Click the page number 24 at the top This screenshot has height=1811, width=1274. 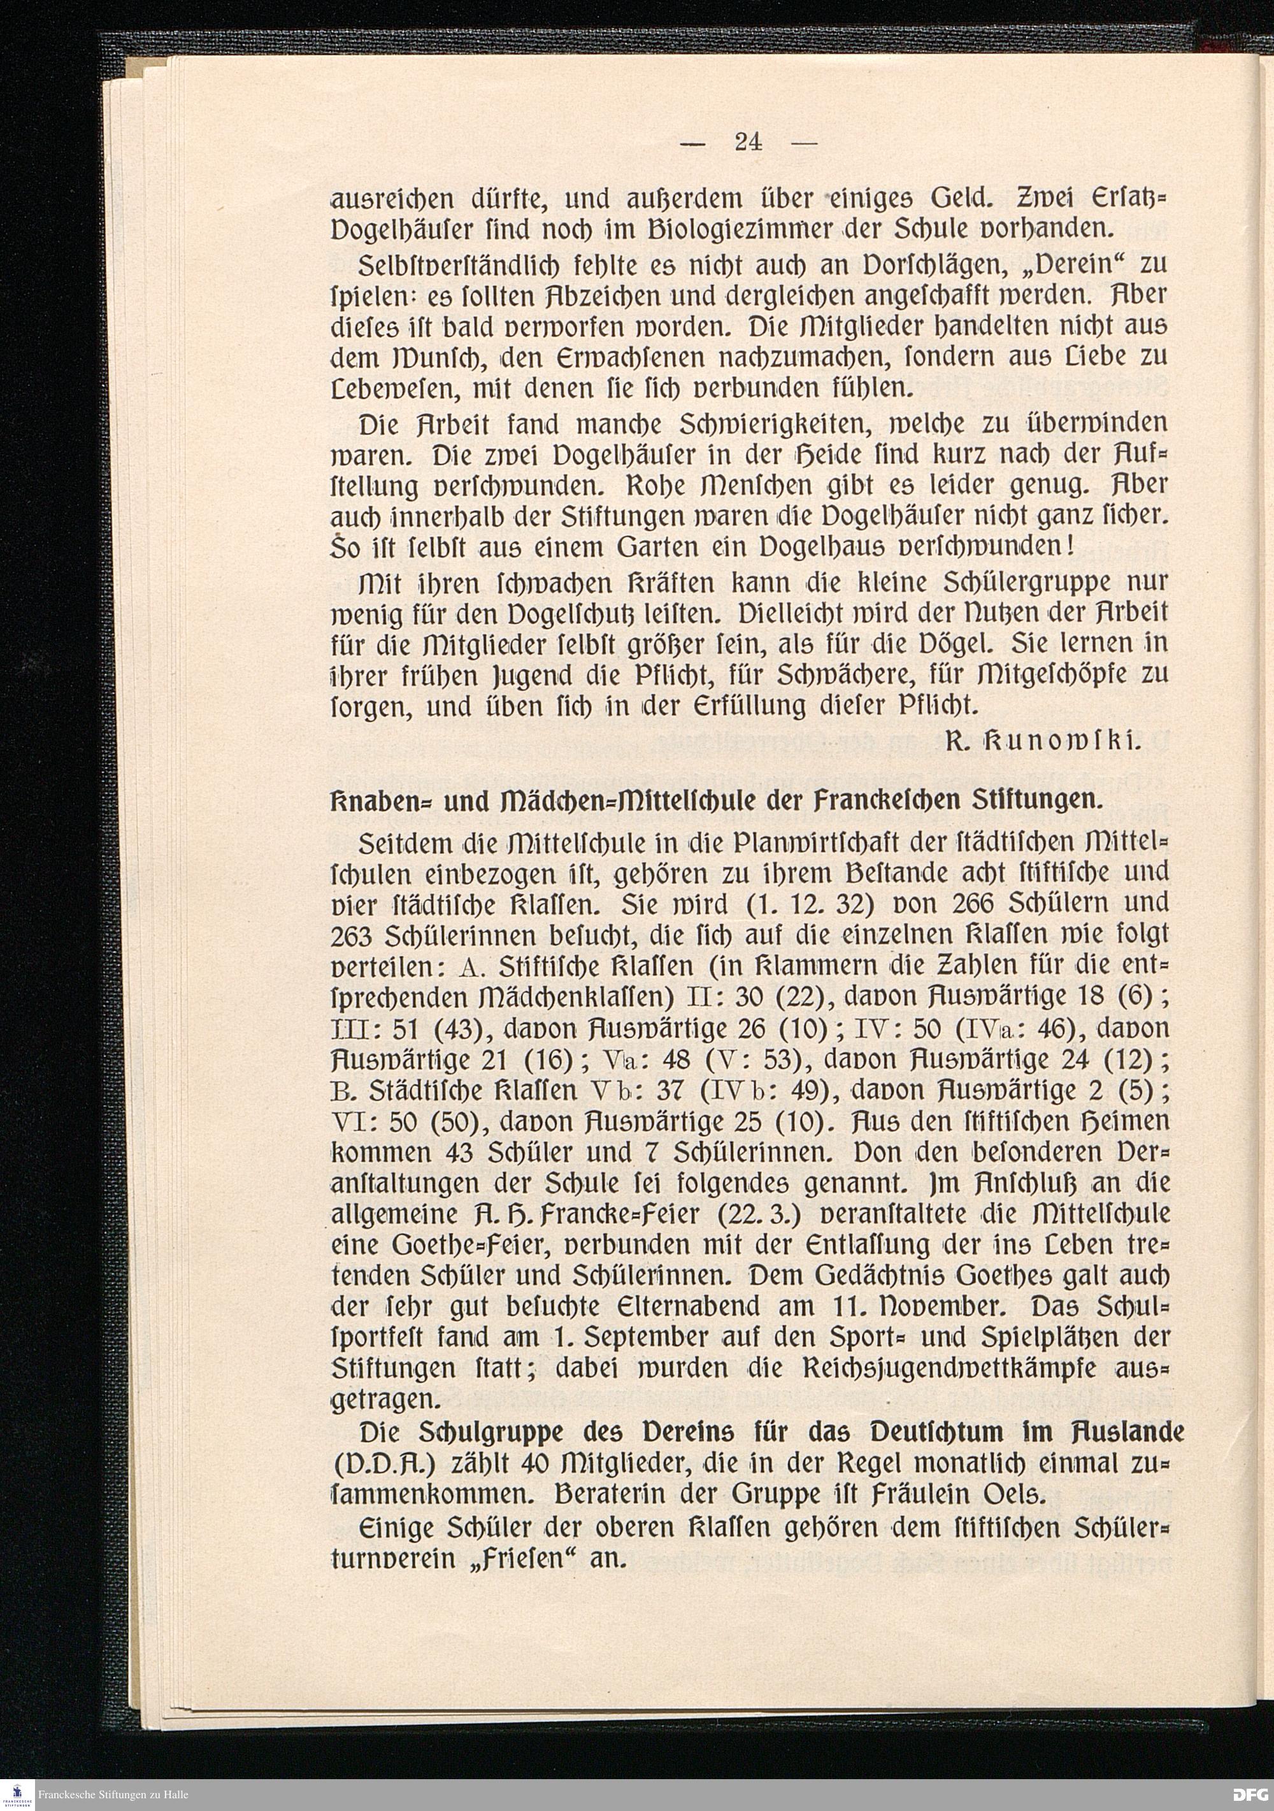[x=747, y=142]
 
